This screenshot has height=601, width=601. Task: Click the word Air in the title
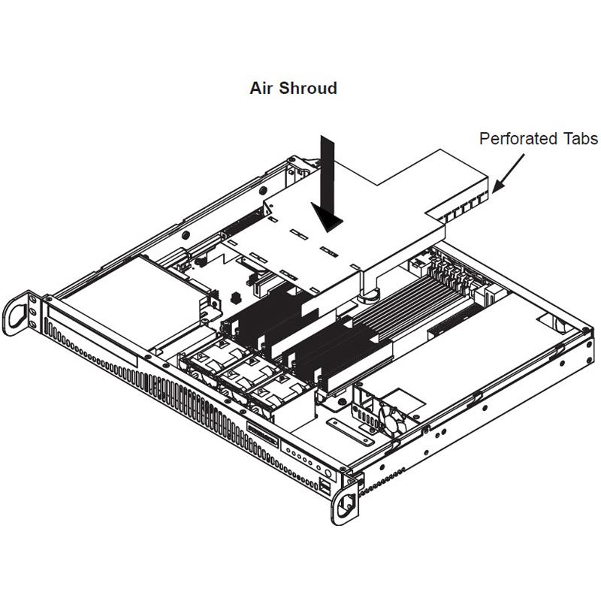262,88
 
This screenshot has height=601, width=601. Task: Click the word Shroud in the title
308,88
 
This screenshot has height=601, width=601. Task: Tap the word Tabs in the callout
580,139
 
